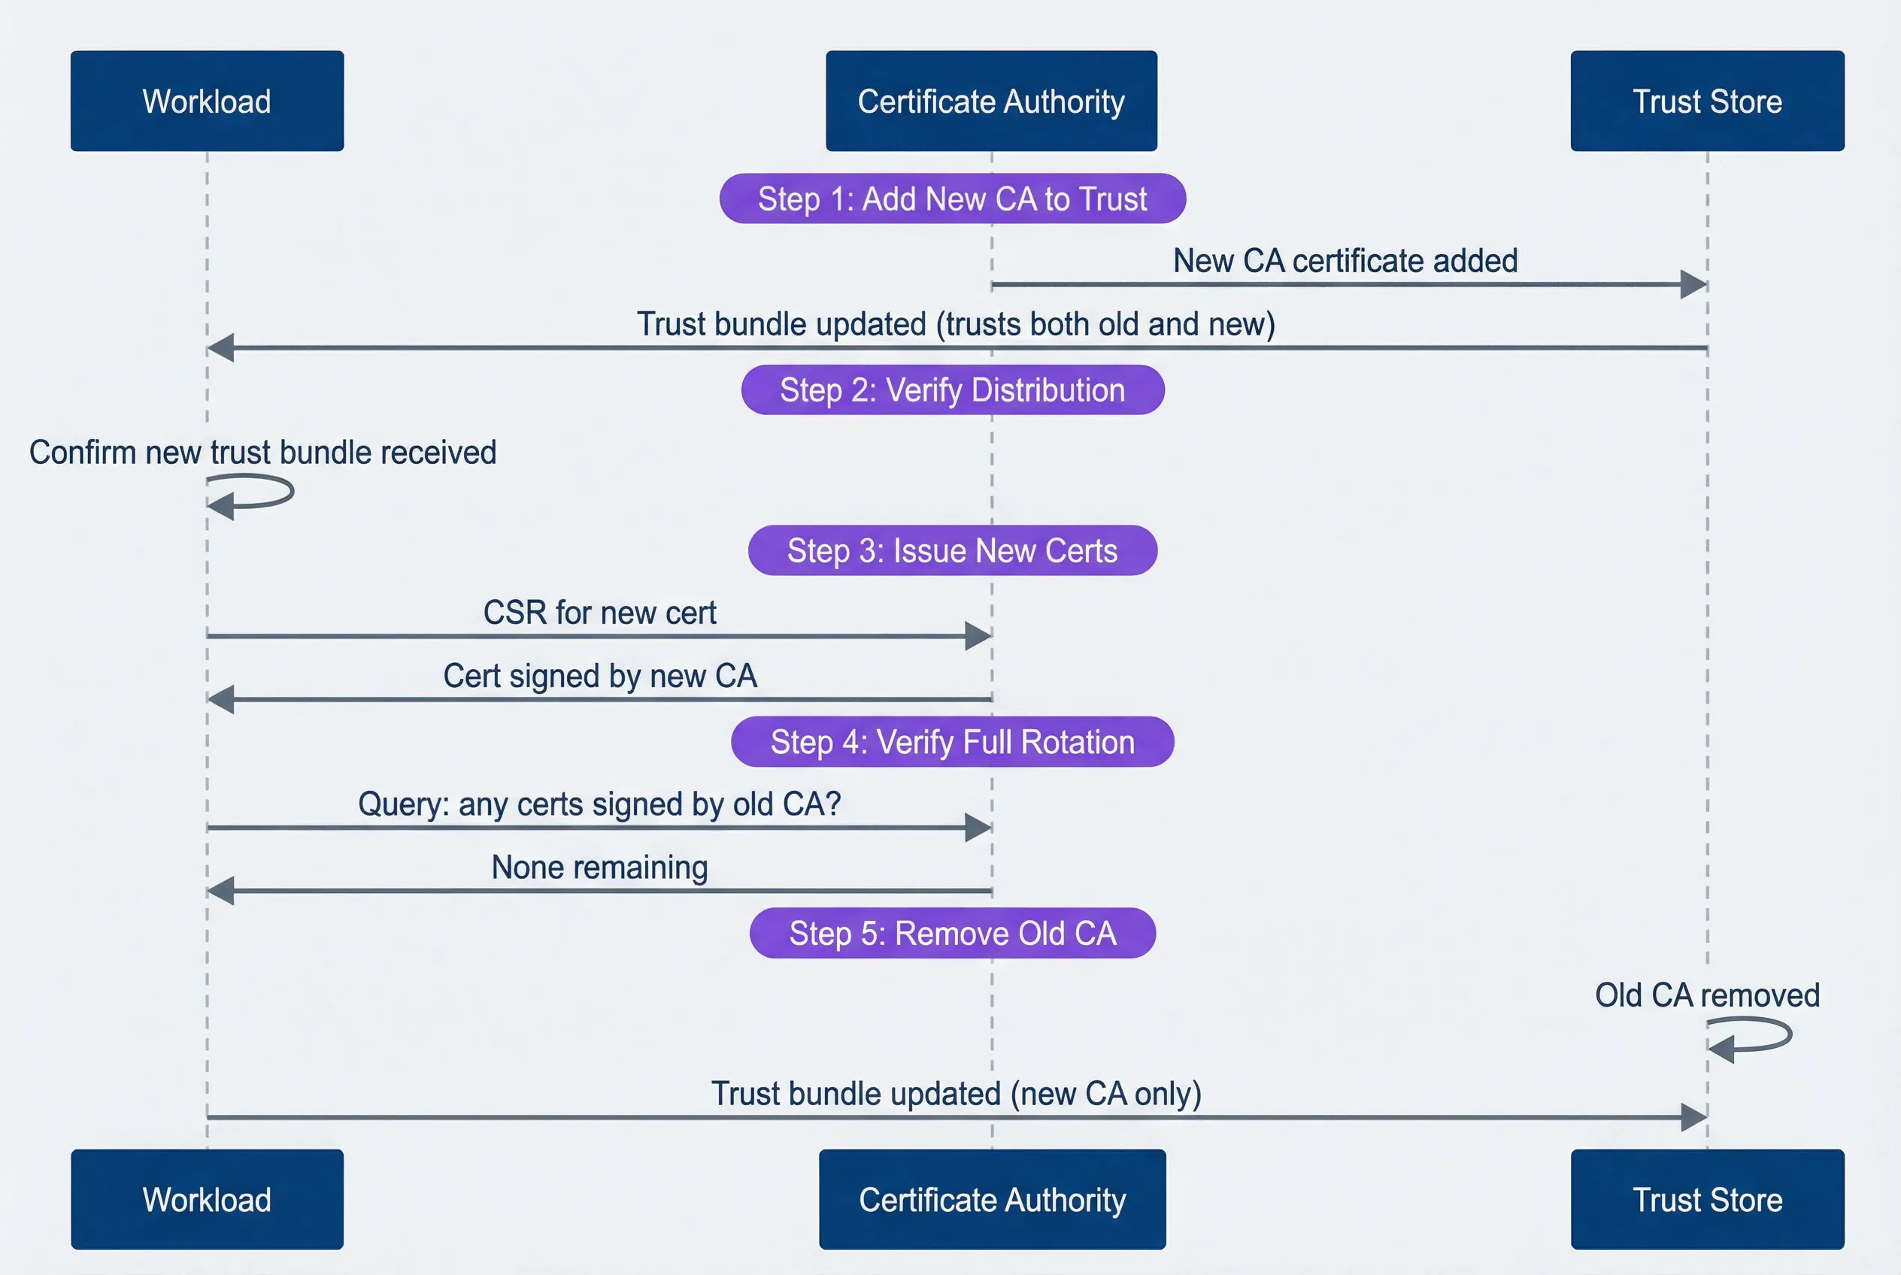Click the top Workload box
207,101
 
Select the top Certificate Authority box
991,101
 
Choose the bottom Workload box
207,1199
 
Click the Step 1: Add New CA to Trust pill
952,198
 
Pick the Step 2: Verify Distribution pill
952,390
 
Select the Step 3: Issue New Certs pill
952,550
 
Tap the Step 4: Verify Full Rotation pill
952,741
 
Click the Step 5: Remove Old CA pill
952,933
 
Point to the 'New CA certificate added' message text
1345,261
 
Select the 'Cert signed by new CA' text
599,677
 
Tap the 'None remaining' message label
599,868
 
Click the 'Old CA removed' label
1706,995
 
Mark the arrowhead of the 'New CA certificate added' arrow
1693,285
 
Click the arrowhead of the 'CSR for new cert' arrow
978,636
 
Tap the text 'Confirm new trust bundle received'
262,453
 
